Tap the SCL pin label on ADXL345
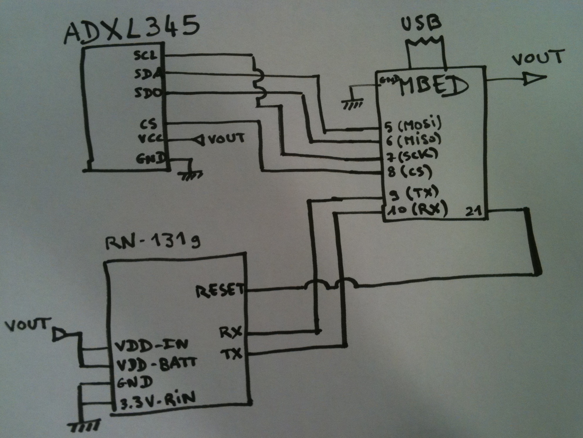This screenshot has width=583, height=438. (146, 56)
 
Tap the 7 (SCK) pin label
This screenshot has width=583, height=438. (411, 156)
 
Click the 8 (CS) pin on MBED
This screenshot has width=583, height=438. (410, 172)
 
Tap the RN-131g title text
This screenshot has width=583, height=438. (153, 243)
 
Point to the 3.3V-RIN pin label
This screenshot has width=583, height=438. (157, 400)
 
